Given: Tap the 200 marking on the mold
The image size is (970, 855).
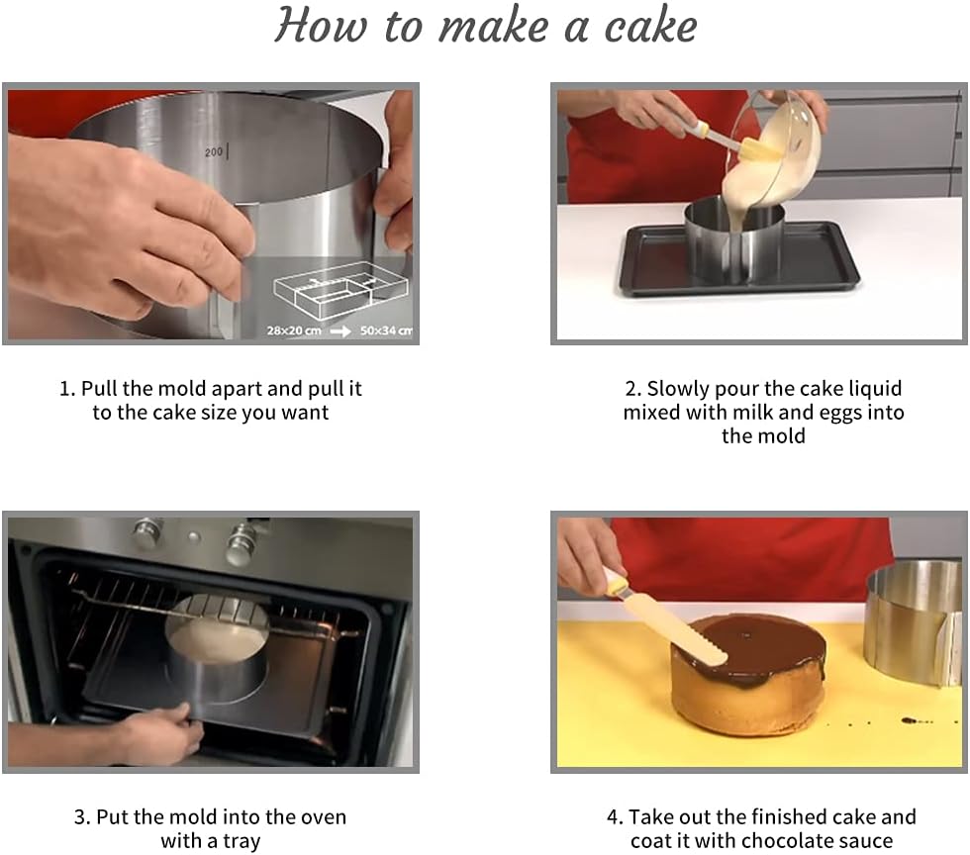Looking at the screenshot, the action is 214,152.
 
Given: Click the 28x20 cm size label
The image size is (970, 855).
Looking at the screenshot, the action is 294,331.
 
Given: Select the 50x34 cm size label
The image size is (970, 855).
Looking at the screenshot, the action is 386,331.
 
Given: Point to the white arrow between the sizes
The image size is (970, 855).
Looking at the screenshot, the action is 340,332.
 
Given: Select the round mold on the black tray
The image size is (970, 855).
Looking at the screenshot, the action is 734,241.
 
